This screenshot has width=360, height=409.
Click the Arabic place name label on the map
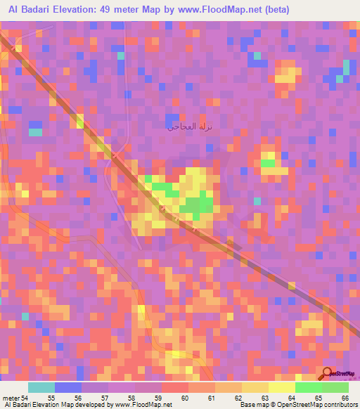pyautogui.click(x=189, y=127)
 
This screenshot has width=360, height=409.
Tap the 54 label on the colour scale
pyautogui.click(x=25, y=399)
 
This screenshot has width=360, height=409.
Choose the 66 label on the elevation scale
pyautogui.click(x=344, y=399)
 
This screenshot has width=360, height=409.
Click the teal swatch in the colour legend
pyautogui.click(x=41, y=388)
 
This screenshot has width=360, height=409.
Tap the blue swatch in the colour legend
pyautogui.click(x=68, y=388)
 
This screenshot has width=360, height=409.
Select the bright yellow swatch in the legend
pyautogui.click(x=282, y=388)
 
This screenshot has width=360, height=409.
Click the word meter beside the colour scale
pyautogui.click(x=10, y=399)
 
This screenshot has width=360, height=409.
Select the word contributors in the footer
pyautogui.click(x=340, y=405)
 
